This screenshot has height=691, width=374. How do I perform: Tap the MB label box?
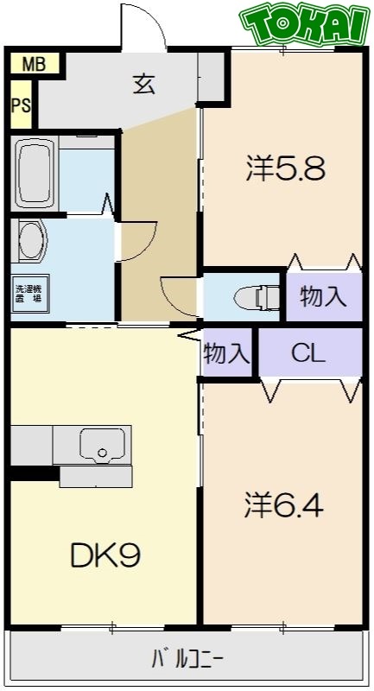click(x=35, y=64)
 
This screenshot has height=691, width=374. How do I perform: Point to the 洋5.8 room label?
click(x=285, y=168)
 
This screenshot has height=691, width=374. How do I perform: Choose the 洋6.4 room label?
click(x=283, y=504)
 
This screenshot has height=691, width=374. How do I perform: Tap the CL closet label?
click(x=307, y=352)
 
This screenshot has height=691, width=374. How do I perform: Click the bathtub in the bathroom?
click(x=35, y=172)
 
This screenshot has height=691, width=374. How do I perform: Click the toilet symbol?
click(x=254, y=297)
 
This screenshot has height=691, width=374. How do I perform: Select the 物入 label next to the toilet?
click(x=323, y=297)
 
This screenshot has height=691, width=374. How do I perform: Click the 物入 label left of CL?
click(x=227, y=352)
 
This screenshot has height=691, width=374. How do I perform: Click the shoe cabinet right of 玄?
click(x=210, y=79)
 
